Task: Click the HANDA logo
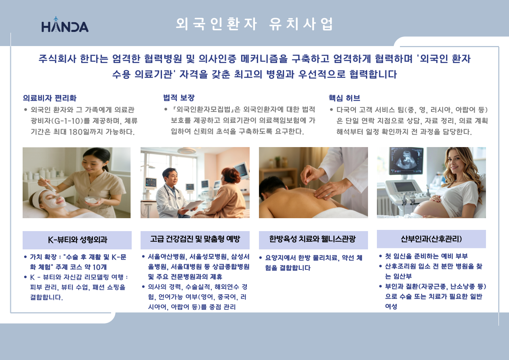coord(65,25)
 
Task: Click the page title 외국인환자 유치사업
coord(254,24)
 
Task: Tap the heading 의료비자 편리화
coord(50,98)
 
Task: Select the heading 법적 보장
coord(179,98)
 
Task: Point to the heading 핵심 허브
coord(344,98)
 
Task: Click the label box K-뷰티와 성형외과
coord(77,240)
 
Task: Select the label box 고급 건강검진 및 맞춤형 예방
coord(195,240)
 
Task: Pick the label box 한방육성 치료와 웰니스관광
coord(313,240)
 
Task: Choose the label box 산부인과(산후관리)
coord(431,239)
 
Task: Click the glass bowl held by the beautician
coord(92,200)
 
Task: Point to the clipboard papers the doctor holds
coord(193,205)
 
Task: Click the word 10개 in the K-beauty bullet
coord(99,267)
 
